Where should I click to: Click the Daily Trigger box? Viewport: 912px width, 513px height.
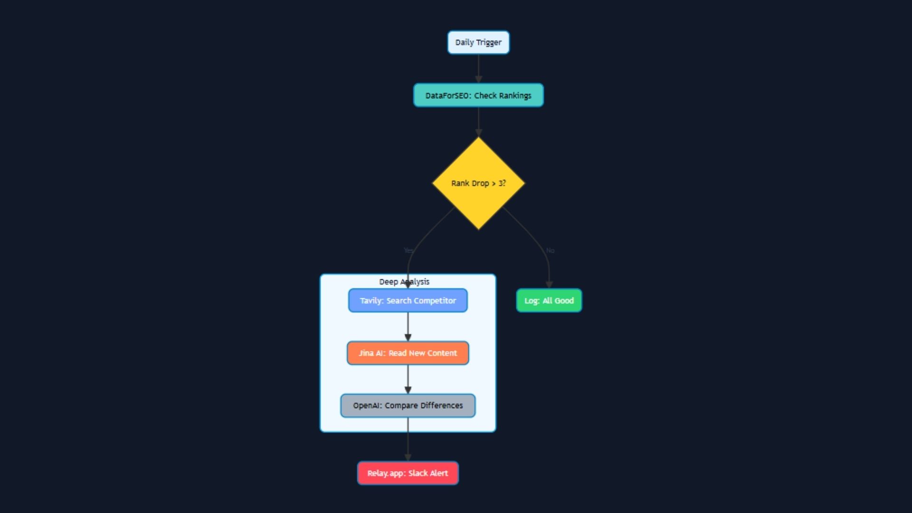pyautogui.click(x=478, y=43)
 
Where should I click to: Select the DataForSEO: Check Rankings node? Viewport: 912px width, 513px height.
pyautogui.click(x=478, y=95)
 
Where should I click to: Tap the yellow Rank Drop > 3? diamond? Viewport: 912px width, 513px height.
pyautogui.click(x=478, y=183)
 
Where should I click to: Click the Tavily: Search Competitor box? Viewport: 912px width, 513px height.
pyautogui.click(x=408, y=301)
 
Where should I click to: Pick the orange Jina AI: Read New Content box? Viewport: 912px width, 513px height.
pyautogui.click(x=408, y=353)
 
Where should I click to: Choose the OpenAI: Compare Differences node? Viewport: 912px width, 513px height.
pyautogui.click(x=408, y=406)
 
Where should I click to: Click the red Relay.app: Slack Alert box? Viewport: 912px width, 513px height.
pyautogui.click(x=408, y=473)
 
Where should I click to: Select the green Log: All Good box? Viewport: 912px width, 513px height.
pyautogui.click(x=549, y=301)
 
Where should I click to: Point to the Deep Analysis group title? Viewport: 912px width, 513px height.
pyautogui.click(x=404, y=282)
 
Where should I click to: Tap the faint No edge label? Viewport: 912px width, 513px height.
pyautogui.click(x=550, y=250)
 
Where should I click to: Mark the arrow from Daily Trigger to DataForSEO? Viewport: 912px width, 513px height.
pyautogui.click(x=478, y=69)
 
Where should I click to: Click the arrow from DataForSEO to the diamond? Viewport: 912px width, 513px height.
pyautogui.click(x=478, y=123)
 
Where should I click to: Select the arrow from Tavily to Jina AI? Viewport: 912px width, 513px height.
pyautogui.click(x=408, y=327)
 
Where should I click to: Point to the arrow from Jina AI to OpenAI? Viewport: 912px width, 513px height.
pyautogui.click(x=408, y=380)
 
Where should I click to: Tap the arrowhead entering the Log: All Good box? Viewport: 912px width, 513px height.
pyautogui.click(x=549, y=285)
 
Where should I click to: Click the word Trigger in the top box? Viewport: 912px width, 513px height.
pyautogui.click(x=489, y=43)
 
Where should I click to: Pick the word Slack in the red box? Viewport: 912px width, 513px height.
pyautogui.click(x=418, y=473)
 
